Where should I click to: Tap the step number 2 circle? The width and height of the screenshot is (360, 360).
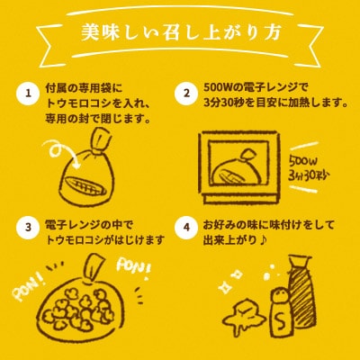[x=187, y=93]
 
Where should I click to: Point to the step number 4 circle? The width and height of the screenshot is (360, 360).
[x=187, y=226]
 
